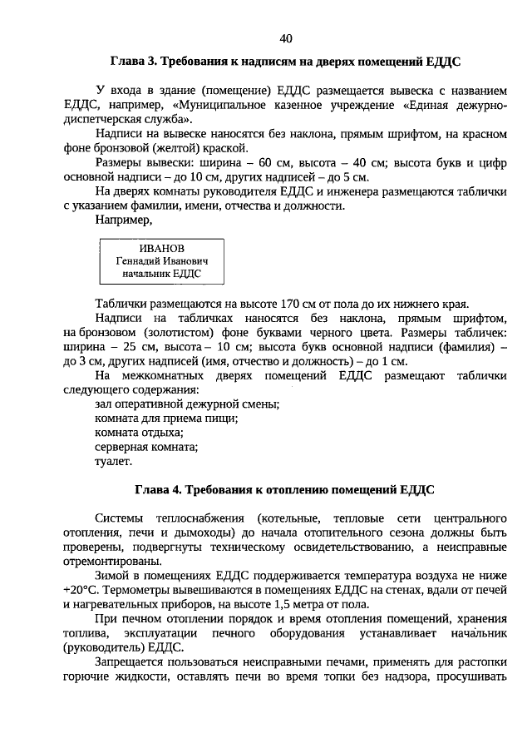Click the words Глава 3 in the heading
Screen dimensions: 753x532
[x=134, y=62]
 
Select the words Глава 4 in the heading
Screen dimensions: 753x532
[x=160, y=488]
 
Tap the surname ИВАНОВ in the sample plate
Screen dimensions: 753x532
[x=162, y=249]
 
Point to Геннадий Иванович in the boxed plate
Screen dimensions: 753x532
[x=162, y=260]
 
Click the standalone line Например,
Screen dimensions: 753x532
[x=124, y=220]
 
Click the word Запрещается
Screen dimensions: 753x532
[x=131, y=661]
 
